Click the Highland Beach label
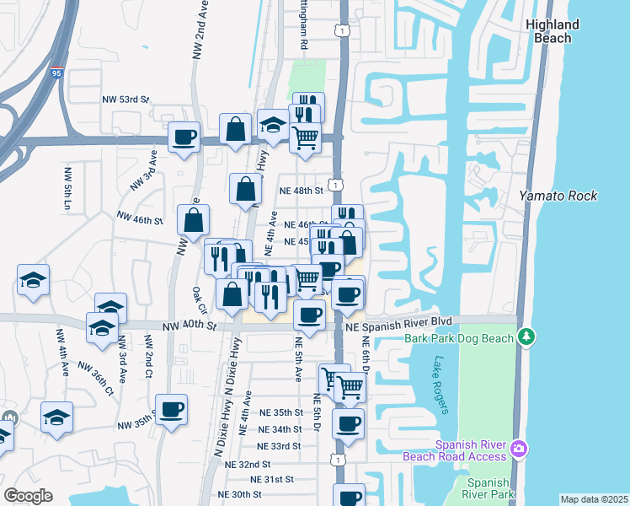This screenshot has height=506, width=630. click(x=553, y=31)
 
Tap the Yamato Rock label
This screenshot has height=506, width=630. click(x=558, y=196)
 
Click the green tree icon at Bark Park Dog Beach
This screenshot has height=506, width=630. click(x=527, y=337)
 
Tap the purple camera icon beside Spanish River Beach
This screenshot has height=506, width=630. click(x=520, y=446)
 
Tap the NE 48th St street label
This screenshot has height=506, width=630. click(x=302, y=191)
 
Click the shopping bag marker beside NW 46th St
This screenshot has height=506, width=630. click(x=194, y=221)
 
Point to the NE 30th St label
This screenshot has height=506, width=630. click(x=240, y=494)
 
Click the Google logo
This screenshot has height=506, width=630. click(x=28, y=496)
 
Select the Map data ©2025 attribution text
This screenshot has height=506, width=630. click(x=594, y=499)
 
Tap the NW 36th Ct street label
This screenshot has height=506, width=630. click(x=97, y=379)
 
